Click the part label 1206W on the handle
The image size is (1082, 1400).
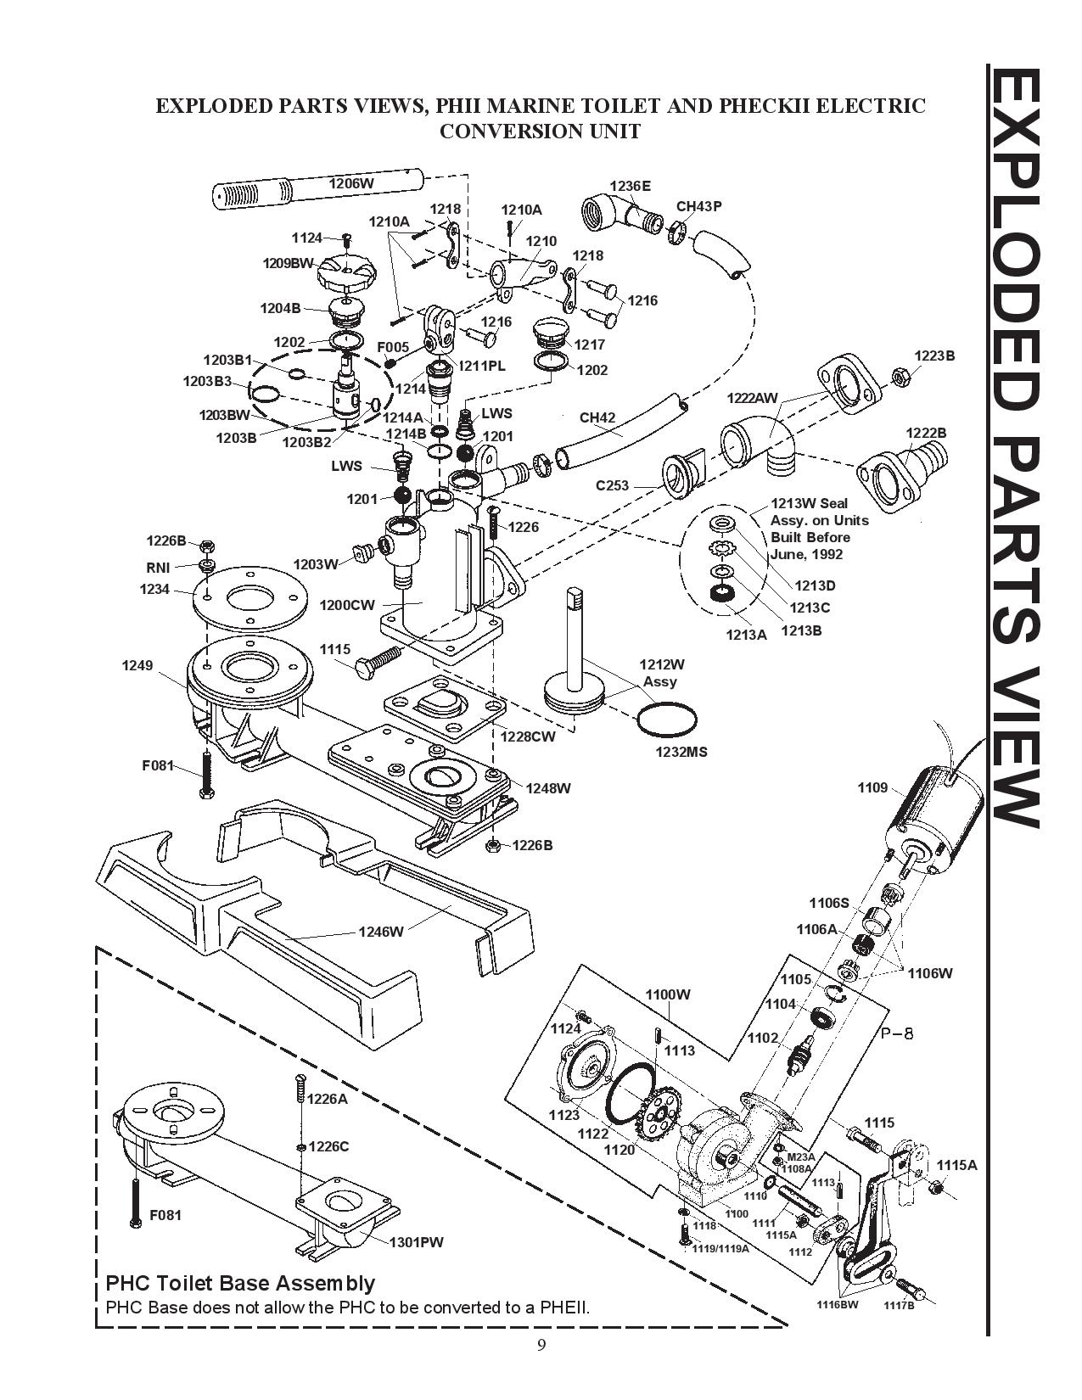click(351, 183)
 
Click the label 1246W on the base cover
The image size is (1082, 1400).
click(381, 931)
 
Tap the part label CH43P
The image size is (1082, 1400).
click(698, 206)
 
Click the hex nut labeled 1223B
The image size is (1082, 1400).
click(900, 376)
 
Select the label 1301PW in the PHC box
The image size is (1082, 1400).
click(417, 1242)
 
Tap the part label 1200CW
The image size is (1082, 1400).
click(347, 605)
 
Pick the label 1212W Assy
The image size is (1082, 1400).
click(661, 673)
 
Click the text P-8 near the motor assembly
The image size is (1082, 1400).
click(897, 1034)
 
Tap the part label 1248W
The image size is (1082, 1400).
click(547, 788)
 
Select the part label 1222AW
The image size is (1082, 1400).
click(752, 398)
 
